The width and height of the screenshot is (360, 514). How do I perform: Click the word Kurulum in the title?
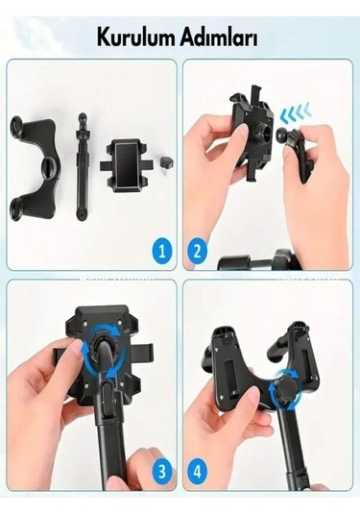[x=136, y=37]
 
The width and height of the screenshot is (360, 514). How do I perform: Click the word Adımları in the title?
[x=219, y=37]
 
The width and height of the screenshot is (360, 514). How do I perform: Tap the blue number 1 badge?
[x=161, y=252]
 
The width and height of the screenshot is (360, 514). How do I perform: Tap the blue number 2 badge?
[x=198, y=252]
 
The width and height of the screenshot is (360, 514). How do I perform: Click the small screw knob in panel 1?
[x=167, y=162]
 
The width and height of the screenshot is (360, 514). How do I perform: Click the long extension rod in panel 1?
[x=81, y=166]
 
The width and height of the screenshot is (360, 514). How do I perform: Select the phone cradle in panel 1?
[x=126, y=166]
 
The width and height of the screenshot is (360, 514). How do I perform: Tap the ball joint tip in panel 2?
[x=283, y=135]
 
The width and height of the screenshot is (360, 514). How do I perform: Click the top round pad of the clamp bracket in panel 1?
[x=17, y=126]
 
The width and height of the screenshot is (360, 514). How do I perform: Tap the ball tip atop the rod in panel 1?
[x=83, y=116]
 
